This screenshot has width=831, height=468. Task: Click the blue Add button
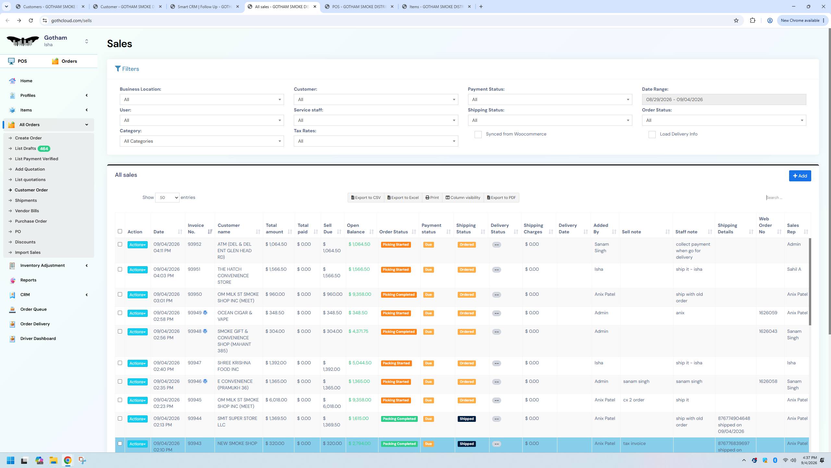[x=800, y=176]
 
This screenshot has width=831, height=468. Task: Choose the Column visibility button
[x=463, y=198]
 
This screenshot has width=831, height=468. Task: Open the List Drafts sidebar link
[x=25, y=149]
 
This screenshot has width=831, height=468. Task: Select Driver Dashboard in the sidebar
[x=38, y=338]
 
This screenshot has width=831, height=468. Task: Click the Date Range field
[x=724, y=99]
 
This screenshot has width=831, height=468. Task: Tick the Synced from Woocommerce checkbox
[x=478, y=135]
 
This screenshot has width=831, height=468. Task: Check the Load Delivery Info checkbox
[x=652, y=135]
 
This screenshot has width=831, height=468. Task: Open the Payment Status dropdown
[x=550, y=99]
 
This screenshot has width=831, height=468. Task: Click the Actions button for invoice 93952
[x=137, y=245]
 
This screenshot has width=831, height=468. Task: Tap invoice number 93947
[x=194, y=363]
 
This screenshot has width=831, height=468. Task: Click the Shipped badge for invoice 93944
[x=466, y=419]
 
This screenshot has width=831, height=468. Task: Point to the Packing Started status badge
[x=396, y=363]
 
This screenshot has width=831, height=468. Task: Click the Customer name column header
[x=229, y=228]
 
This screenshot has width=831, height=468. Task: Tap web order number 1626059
[x=768, y=313]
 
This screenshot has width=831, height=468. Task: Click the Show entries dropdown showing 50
[x=167, y=198]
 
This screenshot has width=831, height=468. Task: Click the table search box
[x=788, y=198]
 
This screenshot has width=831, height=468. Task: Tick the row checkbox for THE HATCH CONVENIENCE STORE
[x=120, y=269]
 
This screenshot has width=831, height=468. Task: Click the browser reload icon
[x=31, y=20]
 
